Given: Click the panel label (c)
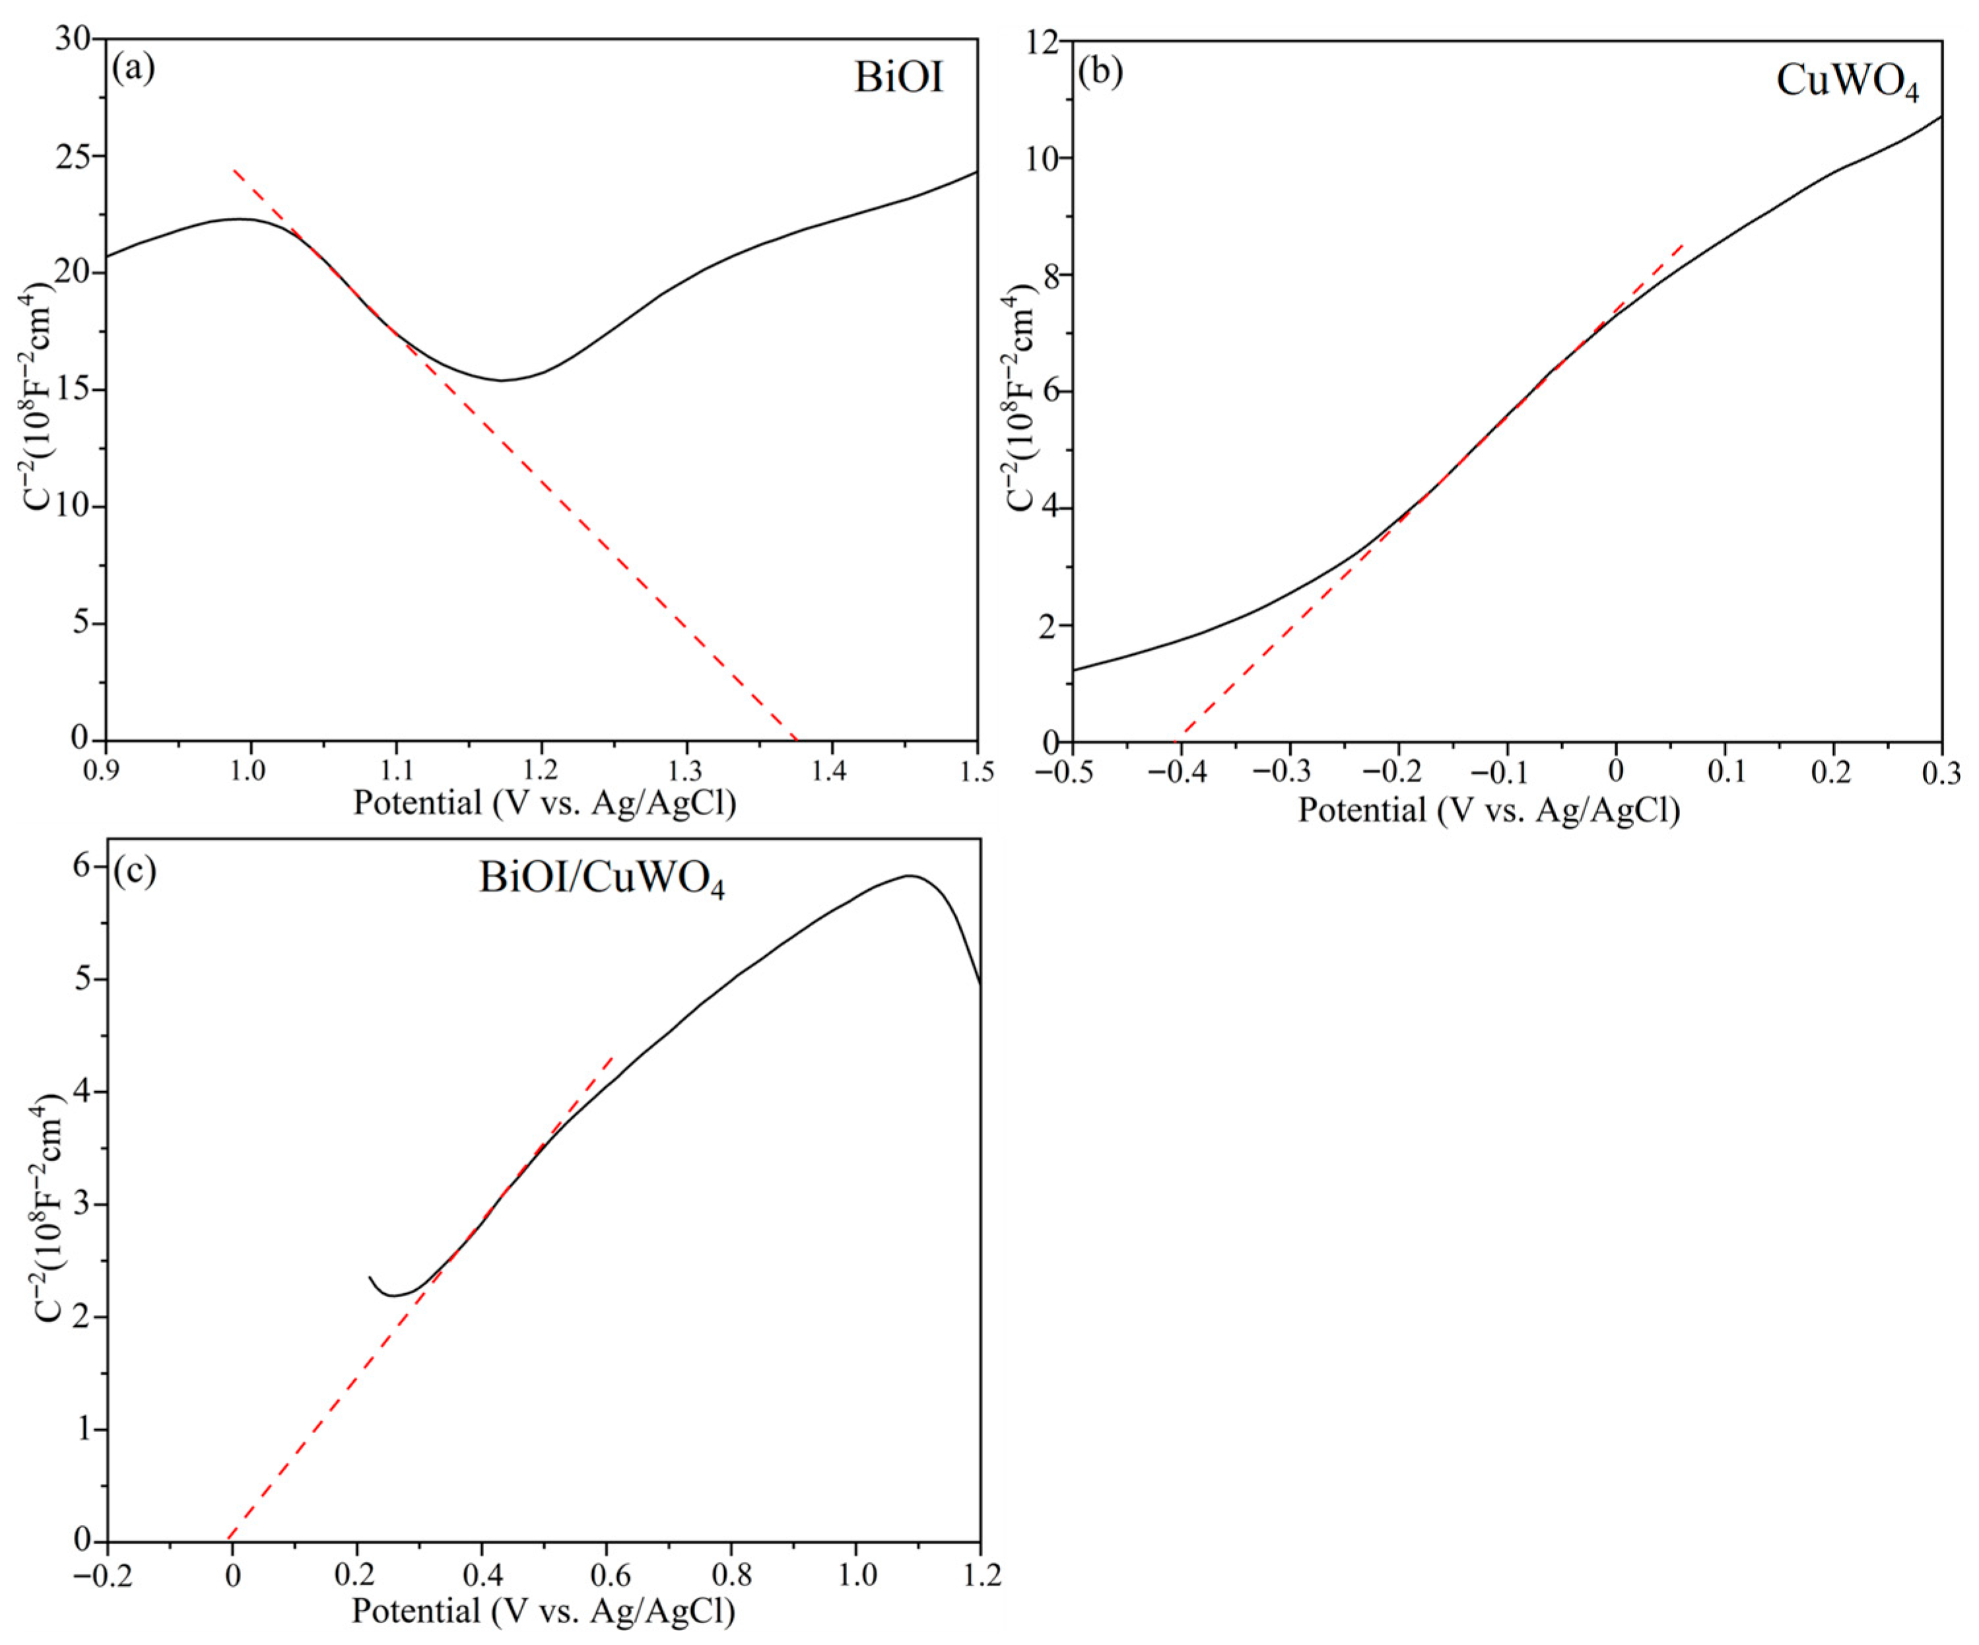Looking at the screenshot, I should click(134, 871).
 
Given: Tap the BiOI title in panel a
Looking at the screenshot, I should click(898, 78).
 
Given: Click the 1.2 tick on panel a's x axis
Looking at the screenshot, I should click(540, 772).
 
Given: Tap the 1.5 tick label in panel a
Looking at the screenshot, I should click(976, 772).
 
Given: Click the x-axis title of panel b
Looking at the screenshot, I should click(1489, 810).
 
